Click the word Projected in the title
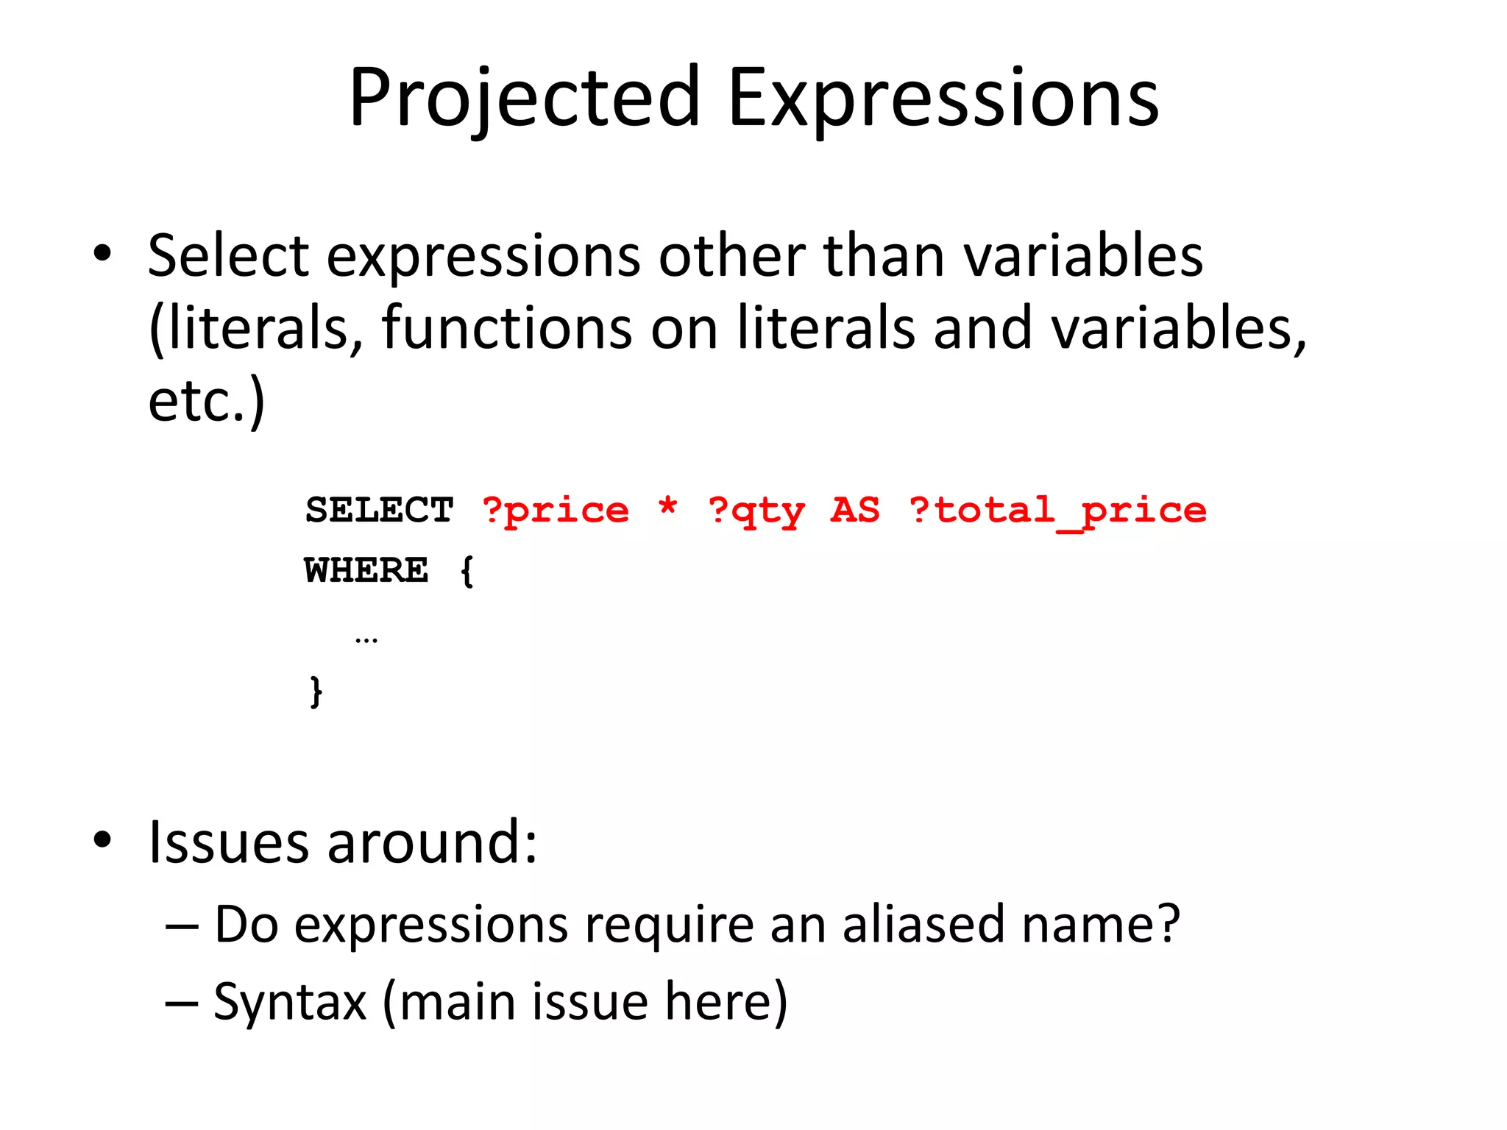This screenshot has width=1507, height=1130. pos(524,98)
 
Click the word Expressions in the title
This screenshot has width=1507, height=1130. pos(943,98)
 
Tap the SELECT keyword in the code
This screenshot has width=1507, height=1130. pos(379,510)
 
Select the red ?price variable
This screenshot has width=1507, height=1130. pos(556,510)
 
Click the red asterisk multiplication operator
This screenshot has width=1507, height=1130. pos(667,507)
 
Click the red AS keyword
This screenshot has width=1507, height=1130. pos(854,510)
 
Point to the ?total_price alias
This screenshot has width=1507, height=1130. pos(1057,510)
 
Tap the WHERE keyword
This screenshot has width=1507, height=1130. pos(366,570)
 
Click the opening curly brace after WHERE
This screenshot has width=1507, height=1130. pos(467,571)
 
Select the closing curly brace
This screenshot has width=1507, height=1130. pos(316,692)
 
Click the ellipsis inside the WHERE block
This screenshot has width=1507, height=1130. pos(366,639)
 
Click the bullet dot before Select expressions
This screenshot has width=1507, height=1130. pos(102,253)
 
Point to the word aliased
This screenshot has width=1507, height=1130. pos(923,924)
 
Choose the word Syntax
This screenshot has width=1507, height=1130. pos(290,1002)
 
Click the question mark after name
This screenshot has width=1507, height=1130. pos(1168,924)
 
